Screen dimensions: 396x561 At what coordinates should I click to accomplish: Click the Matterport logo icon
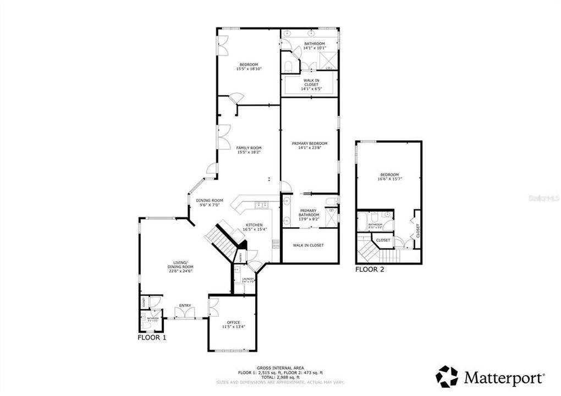[x=447, y=377]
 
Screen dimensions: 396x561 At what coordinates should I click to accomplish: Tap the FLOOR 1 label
[x=152, y=338]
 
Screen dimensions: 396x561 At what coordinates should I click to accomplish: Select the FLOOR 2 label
[x=370, y=269]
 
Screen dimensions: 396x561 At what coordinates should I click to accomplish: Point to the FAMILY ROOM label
[x=249, y=148]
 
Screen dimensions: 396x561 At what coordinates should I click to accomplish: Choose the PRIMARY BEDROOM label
[x=309, y=144]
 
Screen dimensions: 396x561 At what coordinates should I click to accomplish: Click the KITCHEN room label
[x=254, y=225]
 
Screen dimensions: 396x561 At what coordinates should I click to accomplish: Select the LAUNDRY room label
[x=248, y=280]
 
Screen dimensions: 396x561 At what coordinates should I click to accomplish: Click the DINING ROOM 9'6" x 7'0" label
[x=210, y=202]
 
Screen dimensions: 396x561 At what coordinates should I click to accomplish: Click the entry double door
[x=184, y=313]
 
